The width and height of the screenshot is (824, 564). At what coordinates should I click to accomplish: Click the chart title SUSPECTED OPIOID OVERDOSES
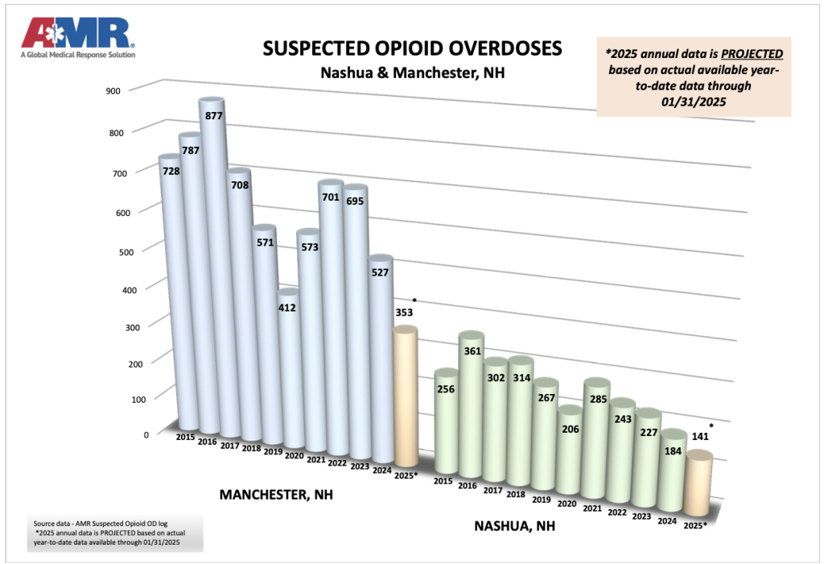(412, 48)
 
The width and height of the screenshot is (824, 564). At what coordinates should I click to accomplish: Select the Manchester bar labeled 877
(211, 266)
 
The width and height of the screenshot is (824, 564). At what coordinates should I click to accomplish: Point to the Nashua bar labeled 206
(569, 451)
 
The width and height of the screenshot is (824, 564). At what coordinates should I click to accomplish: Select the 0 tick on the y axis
(123, 435)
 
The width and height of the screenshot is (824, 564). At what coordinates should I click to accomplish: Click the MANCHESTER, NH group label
(275, 496)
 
